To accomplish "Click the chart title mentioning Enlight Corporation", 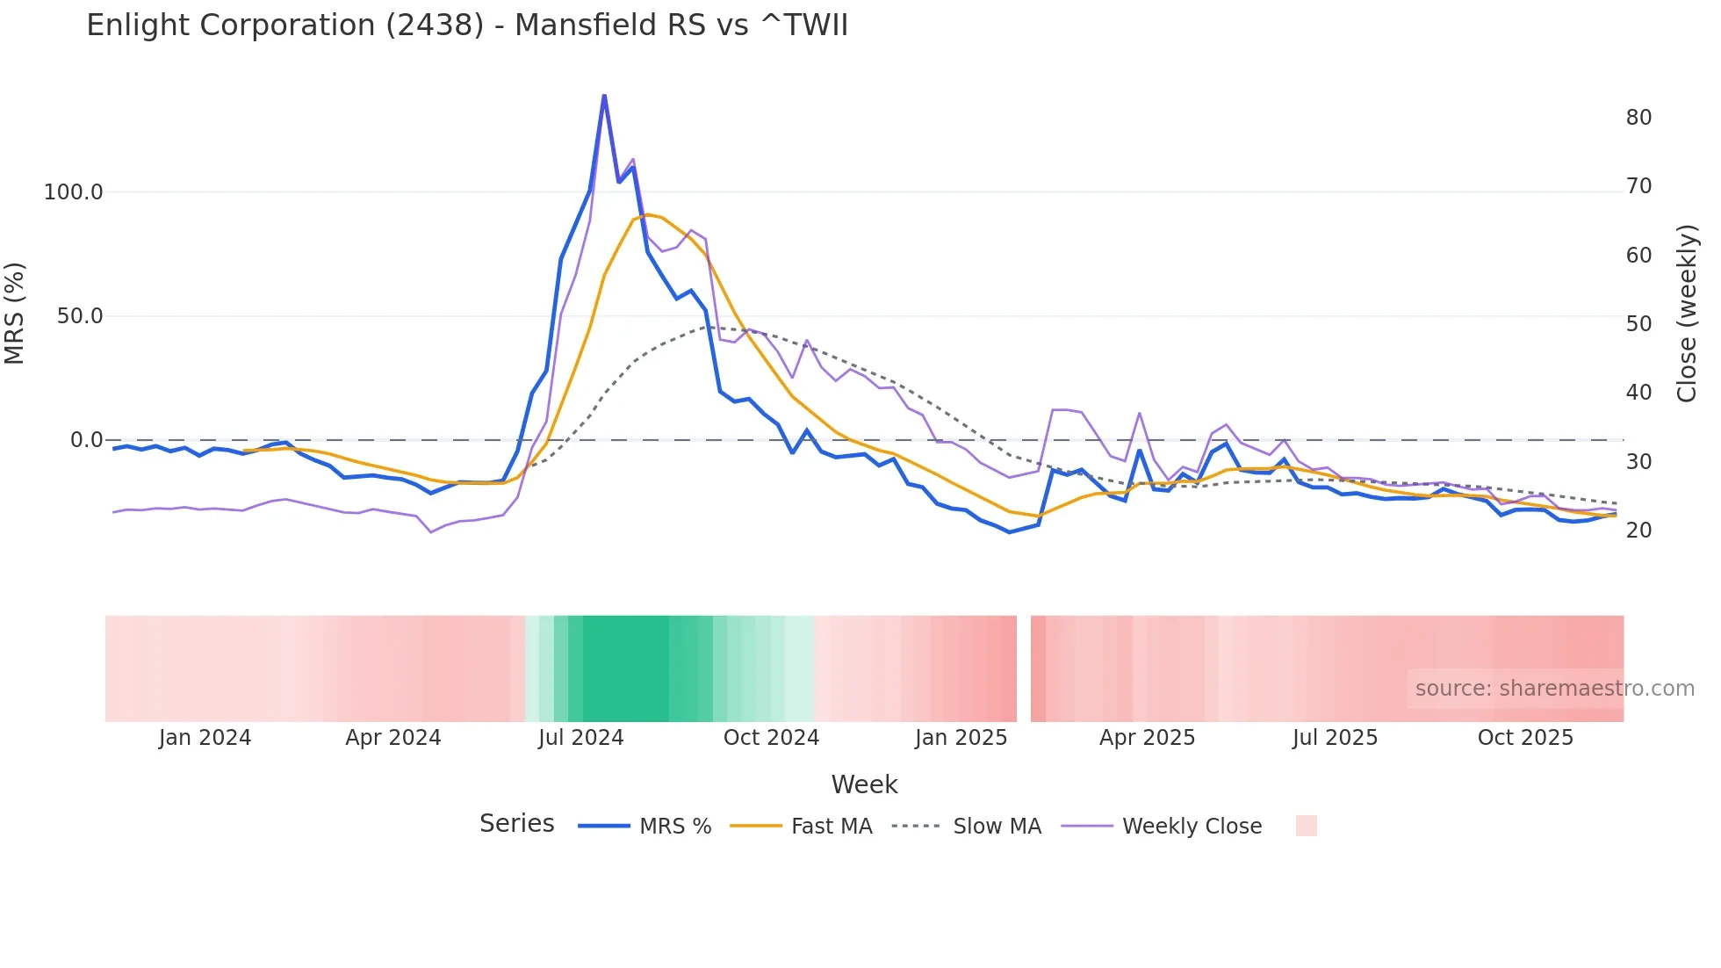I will [x=467, y=25].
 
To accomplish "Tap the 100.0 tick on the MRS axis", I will [x=74, y=192].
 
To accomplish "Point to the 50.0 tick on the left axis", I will [x=80, y=316].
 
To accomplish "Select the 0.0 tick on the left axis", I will [x=86, y=440].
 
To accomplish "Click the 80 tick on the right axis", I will [x=1638, y=118].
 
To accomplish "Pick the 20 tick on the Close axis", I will [x=1638, y=531].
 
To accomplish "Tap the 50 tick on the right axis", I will [x=1638, y=324].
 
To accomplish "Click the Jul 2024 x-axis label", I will [x=580, y=738].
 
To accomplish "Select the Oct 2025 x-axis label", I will [x=1525, y=738].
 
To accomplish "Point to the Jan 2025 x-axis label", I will [x=961, y=738].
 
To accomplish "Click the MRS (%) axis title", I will [x=15, y=314].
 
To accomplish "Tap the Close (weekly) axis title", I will [x=1687, y=314].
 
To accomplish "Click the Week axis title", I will [x=864, y=784].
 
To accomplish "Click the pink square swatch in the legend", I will [x=1306, y=826].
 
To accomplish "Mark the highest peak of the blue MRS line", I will [x=604, y=95].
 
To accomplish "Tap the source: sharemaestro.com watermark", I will [x=1554, y=689].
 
